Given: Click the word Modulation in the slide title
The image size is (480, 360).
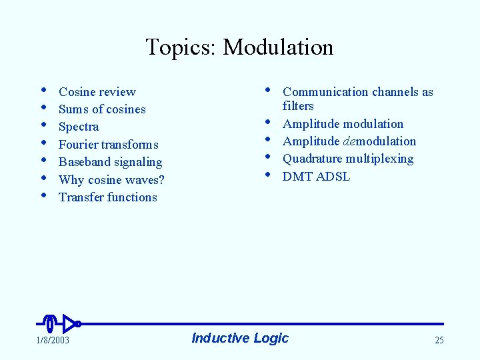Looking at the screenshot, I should (278, 47).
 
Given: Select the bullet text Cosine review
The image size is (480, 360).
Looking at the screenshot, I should (97, 92).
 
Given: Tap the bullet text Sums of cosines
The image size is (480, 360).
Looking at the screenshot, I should (102, 109).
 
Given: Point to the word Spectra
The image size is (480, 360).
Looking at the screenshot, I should (79, 127).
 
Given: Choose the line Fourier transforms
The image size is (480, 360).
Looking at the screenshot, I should (109, 145).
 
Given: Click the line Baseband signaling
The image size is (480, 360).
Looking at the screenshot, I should (110, 162).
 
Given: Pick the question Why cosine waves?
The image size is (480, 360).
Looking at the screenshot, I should (111, 179).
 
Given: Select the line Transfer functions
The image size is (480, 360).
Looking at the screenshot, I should (108, 197).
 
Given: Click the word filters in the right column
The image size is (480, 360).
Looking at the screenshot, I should (298, 106).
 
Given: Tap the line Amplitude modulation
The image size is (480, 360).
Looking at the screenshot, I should (343, 124).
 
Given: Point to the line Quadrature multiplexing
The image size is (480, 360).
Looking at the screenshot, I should (348, 159).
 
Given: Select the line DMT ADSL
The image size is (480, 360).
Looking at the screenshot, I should (316, 177).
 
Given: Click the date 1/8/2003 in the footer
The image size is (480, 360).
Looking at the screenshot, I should (53, 340).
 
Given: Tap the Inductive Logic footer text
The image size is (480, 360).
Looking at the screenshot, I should (240, 338).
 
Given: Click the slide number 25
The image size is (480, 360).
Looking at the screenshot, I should (439, 340).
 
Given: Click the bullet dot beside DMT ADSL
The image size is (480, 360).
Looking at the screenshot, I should (267, 174).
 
